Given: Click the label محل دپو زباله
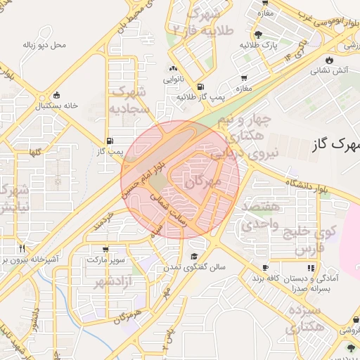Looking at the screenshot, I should click(44, 45).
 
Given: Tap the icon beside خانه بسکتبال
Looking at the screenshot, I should click(57, 95).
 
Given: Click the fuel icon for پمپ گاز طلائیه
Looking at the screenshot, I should click(202, 85).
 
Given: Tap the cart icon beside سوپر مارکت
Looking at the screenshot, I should click(105, 249).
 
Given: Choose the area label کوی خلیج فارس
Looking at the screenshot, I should click(310, 239).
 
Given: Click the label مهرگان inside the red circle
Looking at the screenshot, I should click(202, 182).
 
